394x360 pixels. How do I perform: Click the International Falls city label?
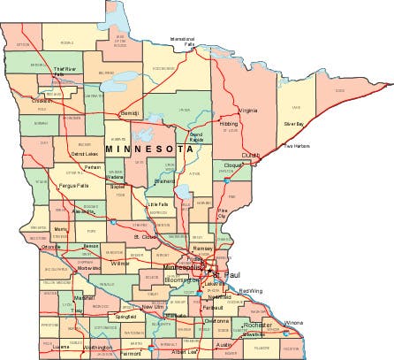point(182,41)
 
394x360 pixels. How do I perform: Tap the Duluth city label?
point(251,155)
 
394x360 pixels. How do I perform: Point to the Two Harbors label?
point(297,146)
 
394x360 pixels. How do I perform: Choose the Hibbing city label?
point(229,124)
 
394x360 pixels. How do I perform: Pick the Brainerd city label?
point(165,180)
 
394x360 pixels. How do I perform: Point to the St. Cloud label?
point(145,237)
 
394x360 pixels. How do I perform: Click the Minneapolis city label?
point(184,267)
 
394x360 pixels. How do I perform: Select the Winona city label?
point(317,323)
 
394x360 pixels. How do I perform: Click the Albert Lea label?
point(185,352)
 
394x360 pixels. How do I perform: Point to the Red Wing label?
point(250,291)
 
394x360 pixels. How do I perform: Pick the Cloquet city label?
point(233,165)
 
